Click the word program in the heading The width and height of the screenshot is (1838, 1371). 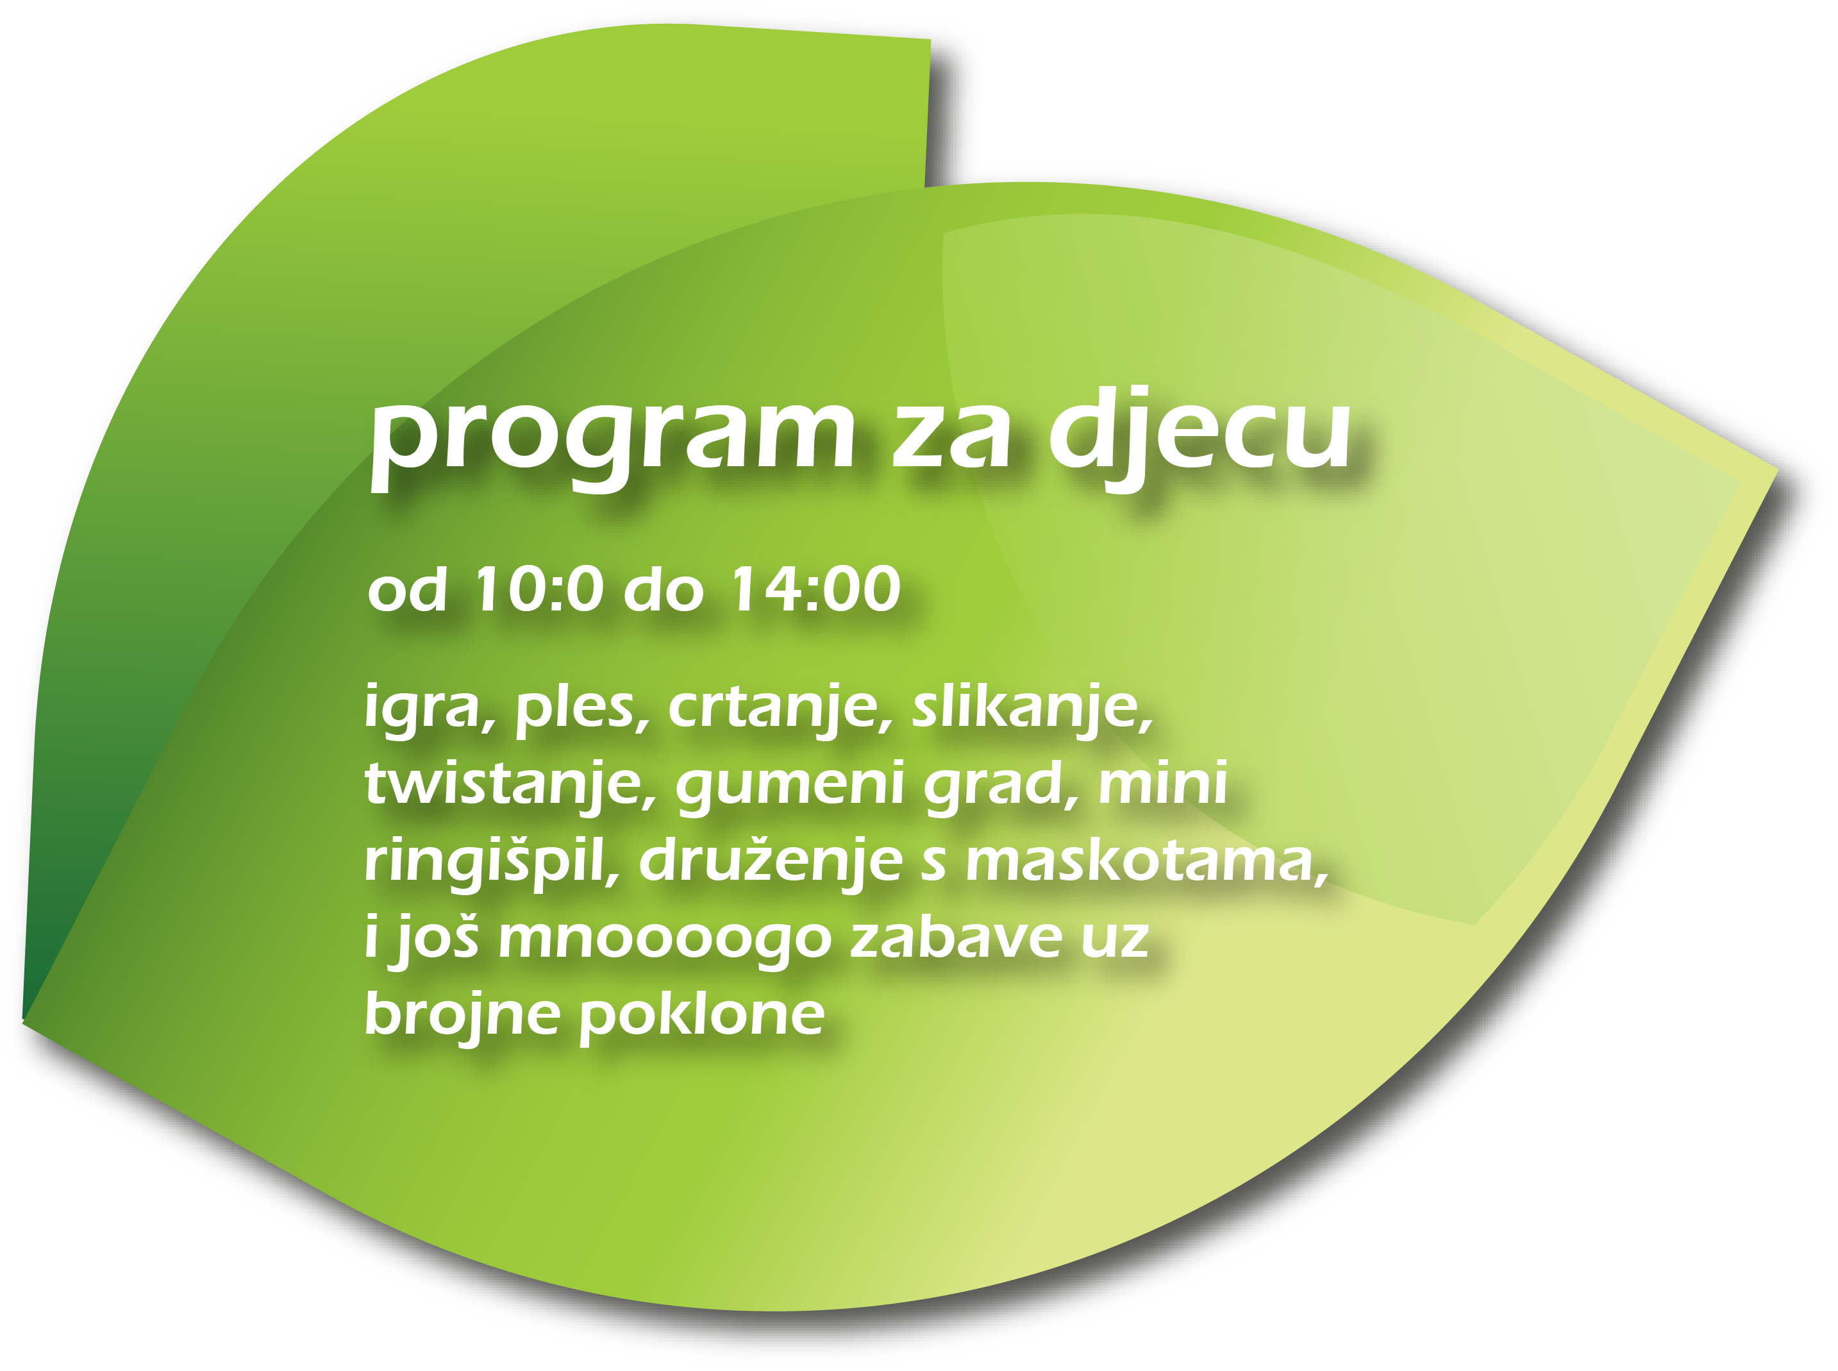612,440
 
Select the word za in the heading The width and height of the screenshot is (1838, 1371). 951,440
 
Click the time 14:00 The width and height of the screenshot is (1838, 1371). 815,589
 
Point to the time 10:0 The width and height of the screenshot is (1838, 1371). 537,589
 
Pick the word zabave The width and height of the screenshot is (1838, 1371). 957,937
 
